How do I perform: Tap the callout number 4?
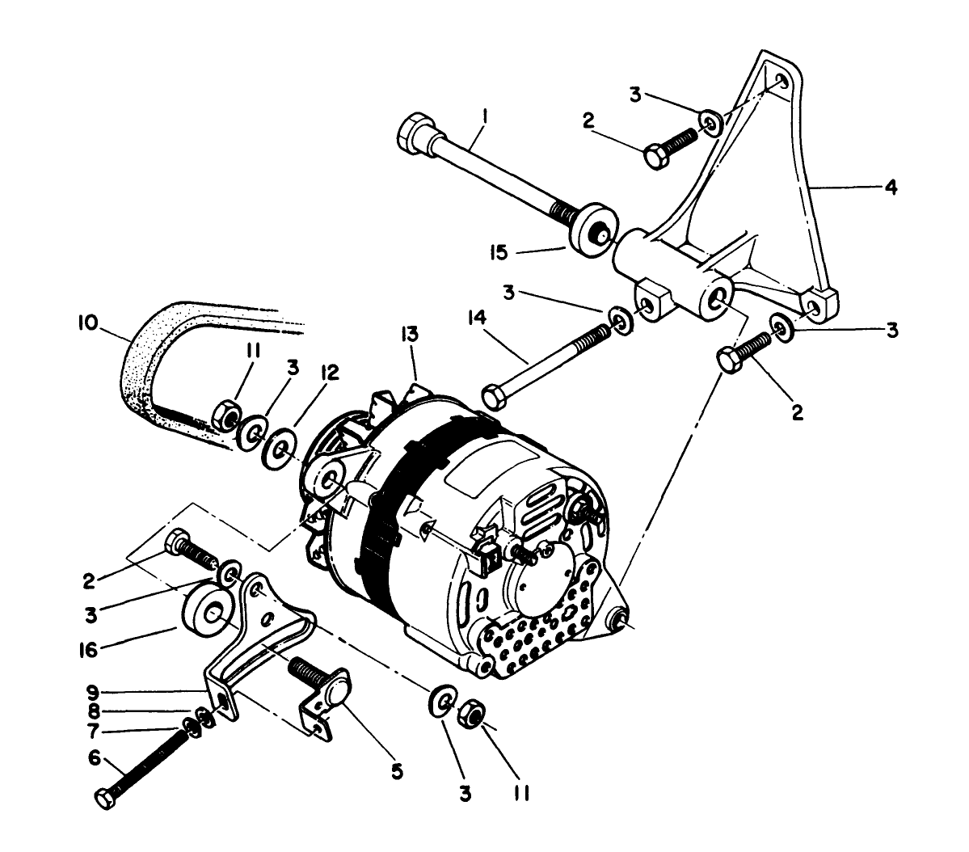pos(890,188)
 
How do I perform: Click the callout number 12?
pos(329,371)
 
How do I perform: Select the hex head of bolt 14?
pos(494,398)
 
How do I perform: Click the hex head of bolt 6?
pos(105,798)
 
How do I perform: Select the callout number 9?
pos(94,692)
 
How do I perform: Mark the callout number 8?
pos(94,712)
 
